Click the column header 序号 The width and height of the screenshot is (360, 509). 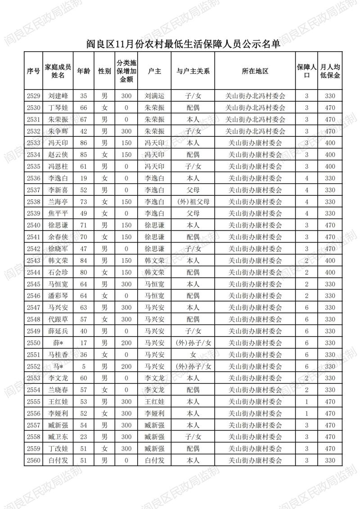34,71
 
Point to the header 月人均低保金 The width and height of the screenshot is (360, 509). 330,71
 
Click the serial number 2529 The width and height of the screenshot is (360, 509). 34,96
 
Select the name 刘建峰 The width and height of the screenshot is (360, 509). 58,96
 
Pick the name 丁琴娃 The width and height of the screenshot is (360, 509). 58,108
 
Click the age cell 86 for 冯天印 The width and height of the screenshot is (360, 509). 83,143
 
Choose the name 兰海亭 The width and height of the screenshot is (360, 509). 58,201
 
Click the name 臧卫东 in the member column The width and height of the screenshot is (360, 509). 58,436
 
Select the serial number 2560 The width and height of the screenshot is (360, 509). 34,460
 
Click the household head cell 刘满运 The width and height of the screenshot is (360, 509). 154,96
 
